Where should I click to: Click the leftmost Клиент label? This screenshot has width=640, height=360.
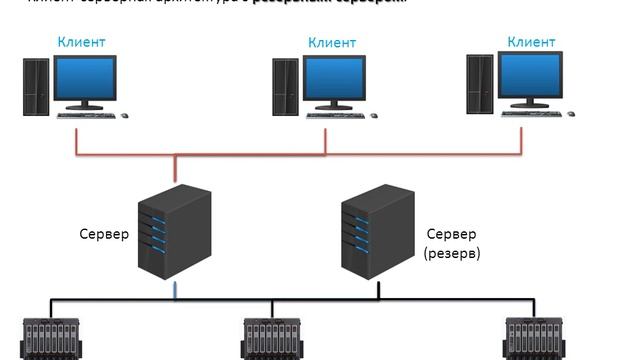tap(82, 43)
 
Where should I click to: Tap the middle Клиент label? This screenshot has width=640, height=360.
tap(331, 42)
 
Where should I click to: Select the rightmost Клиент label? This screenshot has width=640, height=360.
tap(531, 41)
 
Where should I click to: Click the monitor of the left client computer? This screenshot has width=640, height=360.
tap(85, 77)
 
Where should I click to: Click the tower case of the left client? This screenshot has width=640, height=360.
tap(36, 87)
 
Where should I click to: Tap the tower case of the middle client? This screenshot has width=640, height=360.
tap(285, 87)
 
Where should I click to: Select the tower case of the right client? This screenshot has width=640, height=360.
tap(481, 83)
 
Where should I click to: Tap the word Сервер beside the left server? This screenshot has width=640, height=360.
tap(104, 234)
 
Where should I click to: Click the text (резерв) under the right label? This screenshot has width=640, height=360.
tap(452, 254)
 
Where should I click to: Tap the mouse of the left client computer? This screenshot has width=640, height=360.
tap(124, 115)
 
